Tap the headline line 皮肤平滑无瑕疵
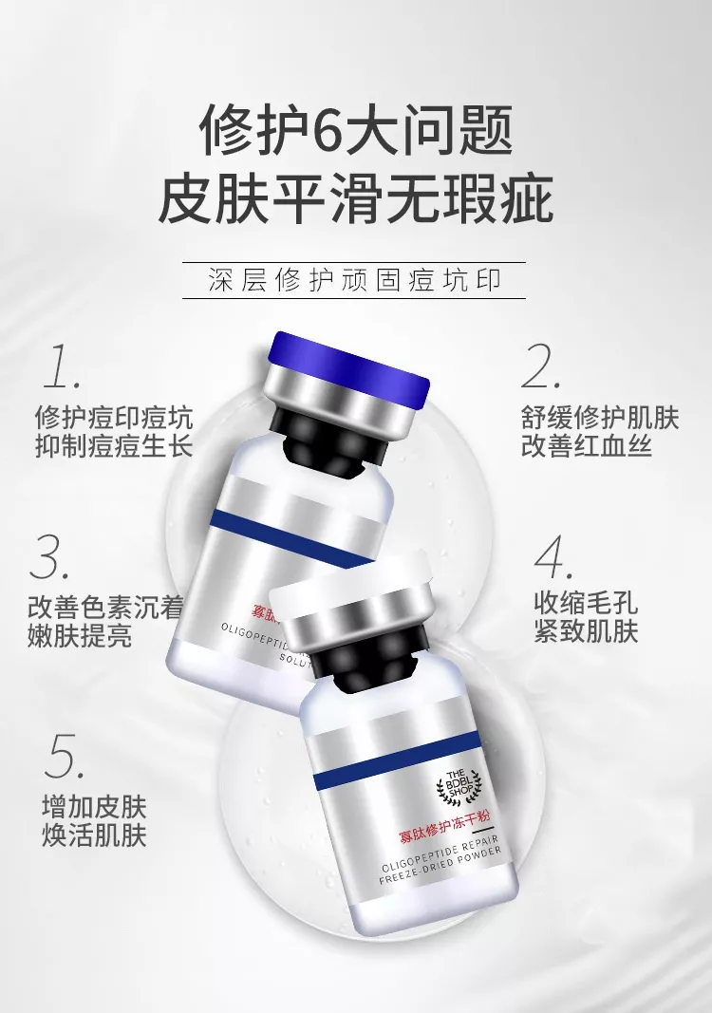click(x=355, y=198)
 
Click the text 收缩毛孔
click(x=586, y=602)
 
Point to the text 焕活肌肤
click(x=94, y=835)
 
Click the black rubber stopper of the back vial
click(x=322, y=441)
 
